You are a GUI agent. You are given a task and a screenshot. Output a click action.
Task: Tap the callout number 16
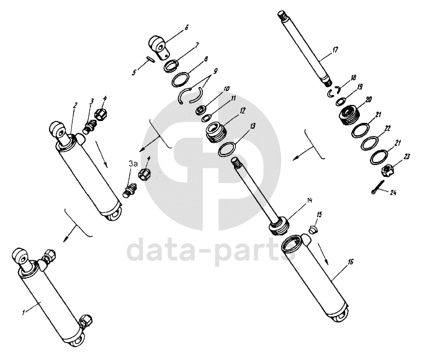click(351, 263)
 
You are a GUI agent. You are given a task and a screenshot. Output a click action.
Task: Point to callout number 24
click(393, 194)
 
